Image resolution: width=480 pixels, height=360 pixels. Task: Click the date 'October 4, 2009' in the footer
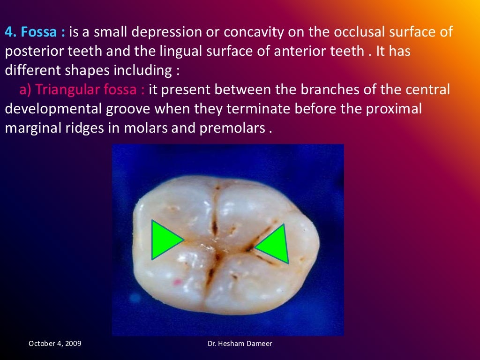click(55, 344)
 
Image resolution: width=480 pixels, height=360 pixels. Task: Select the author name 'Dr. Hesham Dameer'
click(240, 344)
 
